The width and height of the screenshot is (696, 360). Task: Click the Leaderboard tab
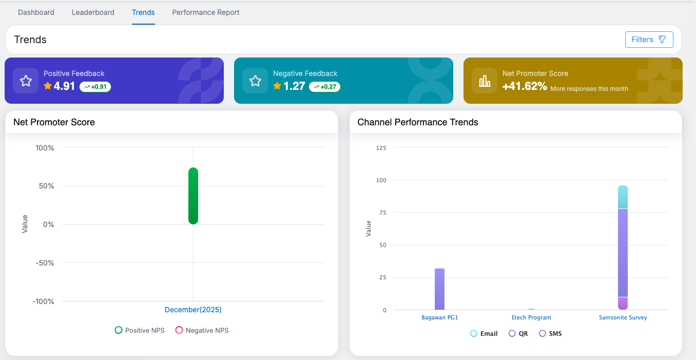point(93,12)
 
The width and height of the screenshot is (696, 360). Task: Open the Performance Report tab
point(206,12)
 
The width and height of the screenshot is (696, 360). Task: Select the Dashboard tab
point(36,12)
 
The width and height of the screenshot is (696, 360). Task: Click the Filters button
point(649,40)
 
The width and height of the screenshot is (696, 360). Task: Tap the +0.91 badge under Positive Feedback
point(95,87)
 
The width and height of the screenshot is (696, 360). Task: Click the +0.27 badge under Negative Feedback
point(324,87)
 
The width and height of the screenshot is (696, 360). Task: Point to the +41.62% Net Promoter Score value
point(525,86)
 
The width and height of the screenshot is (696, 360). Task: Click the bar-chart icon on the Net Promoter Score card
point(485,81)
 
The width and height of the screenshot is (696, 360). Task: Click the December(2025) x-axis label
point(193,310)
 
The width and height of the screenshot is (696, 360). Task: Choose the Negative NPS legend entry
point(202,330)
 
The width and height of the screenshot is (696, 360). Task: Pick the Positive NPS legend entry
point(140,330)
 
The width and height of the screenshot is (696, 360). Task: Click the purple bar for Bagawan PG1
point(439,289)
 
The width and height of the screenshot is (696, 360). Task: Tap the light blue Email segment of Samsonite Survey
point(623,197)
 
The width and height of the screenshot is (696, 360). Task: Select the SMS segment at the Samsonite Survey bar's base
point(623,304)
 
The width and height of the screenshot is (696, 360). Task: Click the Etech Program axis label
point(531,317)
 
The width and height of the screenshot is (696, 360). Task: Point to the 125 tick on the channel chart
point(381,148)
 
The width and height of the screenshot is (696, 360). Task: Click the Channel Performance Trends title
point(418,122)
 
